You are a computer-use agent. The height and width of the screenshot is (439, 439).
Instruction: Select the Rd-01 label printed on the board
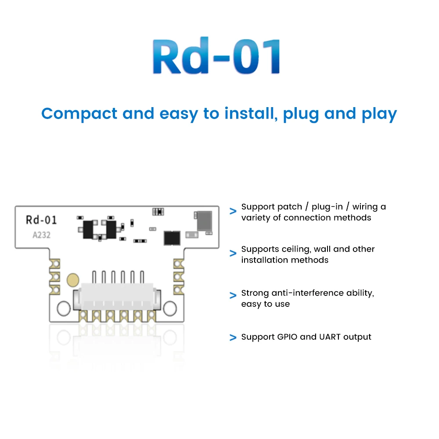[41, 220]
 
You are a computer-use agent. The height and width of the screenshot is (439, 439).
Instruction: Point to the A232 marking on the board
[42, 235]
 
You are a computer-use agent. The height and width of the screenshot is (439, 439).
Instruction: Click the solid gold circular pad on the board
[72, 280]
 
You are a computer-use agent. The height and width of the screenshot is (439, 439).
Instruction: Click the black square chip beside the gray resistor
[172, 237]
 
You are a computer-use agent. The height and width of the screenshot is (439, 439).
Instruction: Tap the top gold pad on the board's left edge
[56, 263]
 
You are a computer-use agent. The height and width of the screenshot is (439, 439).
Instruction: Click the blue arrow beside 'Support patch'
[233, 212]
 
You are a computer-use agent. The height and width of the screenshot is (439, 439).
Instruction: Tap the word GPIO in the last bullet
[287, 337]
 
